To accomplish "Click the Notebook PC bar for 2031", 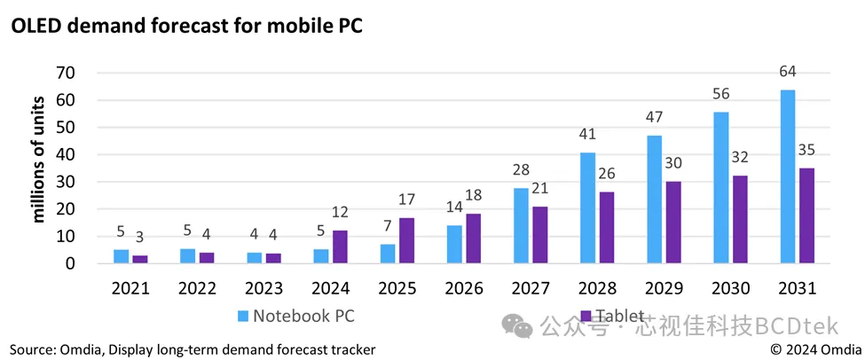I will tap(788, 176).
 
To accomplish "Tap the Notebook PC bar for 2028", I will tap(588, 207).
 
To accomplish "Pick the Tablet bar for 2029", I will tap(674, 222).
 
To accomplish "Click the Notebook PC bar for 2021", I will tap(122, 256).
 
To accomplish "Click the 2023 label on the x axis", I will tap(264, 288).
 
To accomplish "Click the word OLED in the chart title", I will tap(34, 27).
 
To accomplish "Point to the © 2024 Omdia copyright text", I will tap(814, 349).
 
